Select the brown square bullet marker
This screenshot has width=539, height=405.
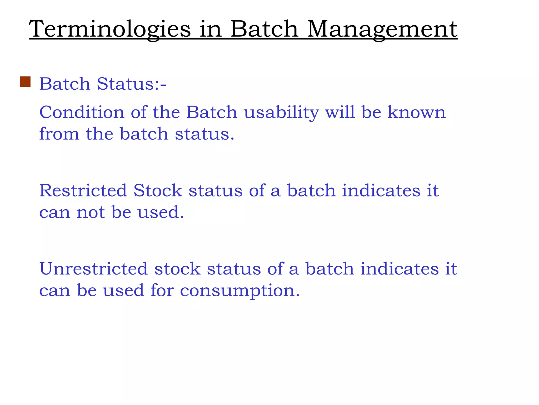[x=25, y=82]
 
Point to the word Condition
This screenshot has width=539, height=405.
[x=82, y=112]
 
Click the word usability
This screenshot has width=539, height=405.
[x=281, y=112]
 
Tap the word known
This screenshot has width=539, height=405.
[x=417, y=112]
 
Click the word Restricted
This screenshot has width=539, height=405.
[x=83, y=190]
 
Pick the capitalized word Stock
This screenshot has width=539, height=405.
[x=158, y=190]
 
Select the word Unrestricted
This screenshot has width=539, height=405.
[x=93, y=269]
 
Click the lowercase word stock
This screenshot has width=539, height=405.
[x=177, y=269]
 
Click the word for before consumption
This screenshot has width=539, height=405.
[x=162, y=291]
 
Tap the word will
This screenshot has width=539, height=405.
[x=340, y=112]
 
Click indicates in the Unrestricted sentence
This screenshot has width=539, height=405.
[x=399, y=269]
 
